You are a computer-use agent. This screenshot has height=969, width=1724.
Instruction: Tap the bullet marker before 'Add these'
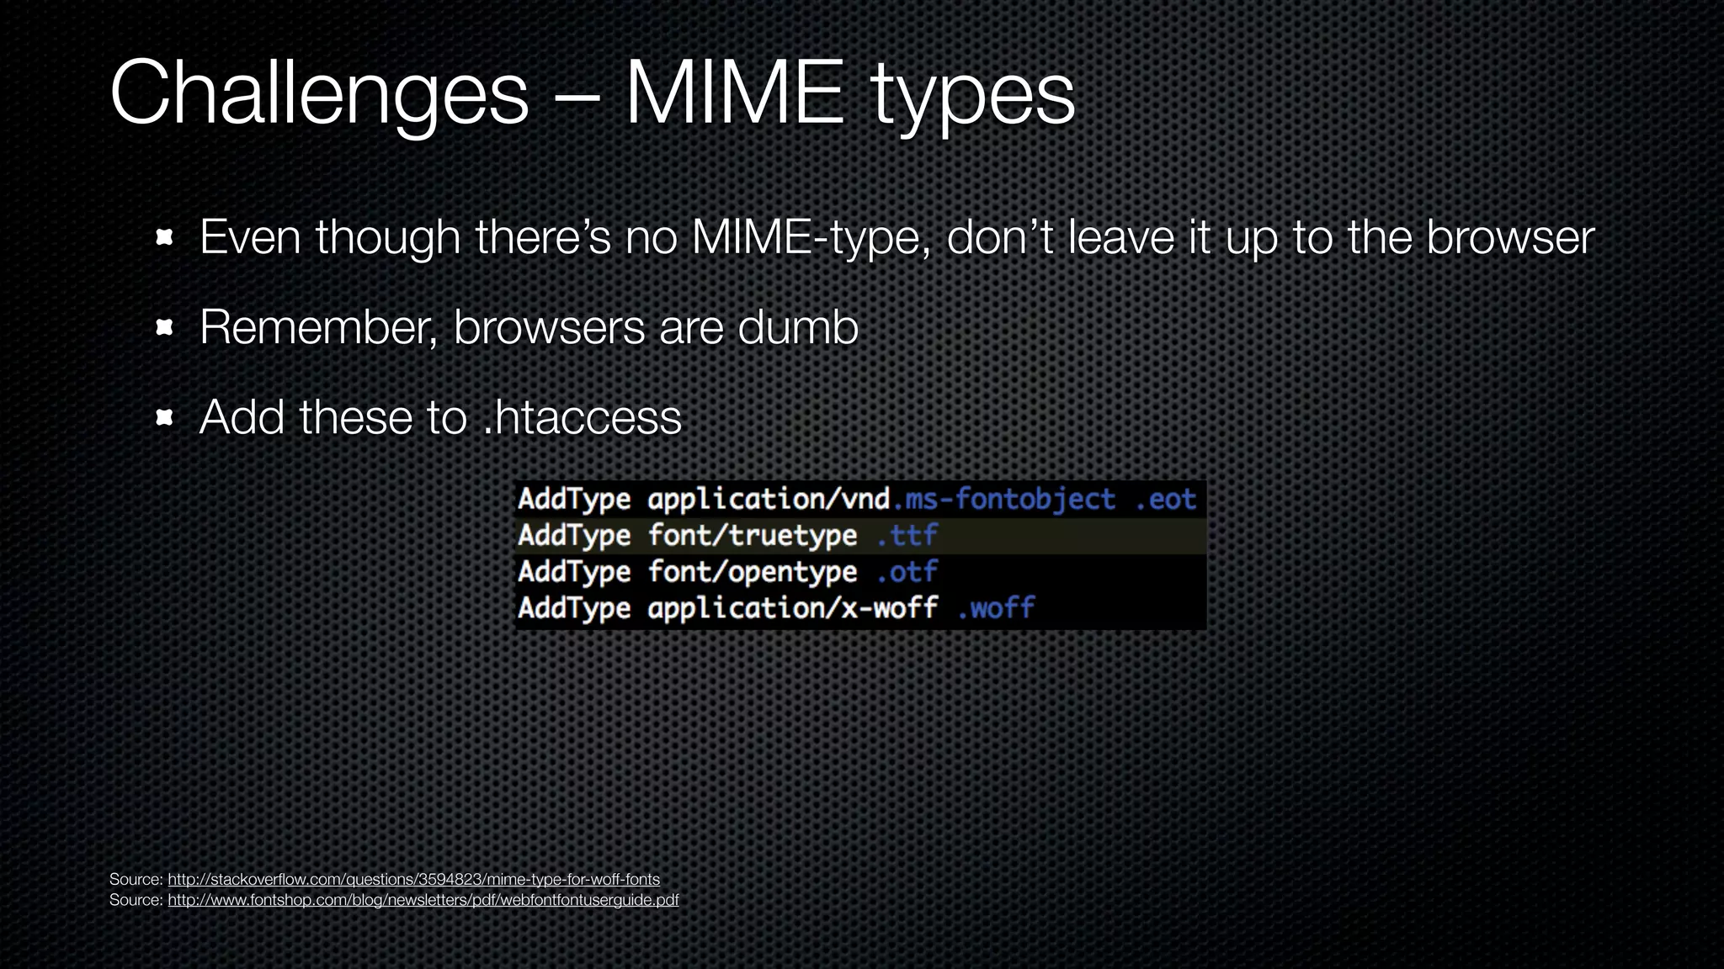point(165,417)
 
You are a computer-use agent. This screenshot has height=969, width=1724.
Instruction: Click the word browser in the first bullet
point(1510,237)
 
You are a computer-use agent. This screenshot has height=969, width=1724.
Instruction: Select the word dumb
point(797,327)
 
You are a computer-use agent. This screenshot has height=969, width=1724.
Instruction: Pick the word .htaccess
point(583,417)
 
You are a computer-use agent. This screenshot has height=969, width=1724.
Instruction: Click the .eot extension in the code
point(1165,500)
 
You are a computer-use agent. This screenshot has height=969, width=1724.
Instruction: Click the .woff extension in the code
point(996,608)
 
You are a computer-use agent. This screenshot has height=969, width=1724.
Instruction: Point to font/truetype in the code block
point(752,536)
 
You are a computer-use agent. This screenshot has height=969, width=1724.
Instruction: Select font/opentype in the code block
point(752,572)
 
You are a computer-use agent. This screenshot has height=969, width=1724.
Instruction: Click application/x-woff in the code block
point(792,608)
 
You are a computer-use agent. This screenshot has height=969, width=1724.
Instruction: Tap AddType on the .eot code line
point(574,500)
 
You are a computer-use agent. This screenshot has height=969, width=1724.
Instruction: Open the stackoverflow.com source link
point(413,879)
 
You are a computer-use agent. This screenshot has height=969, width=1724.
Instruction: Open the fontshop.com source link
point(423,900)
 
